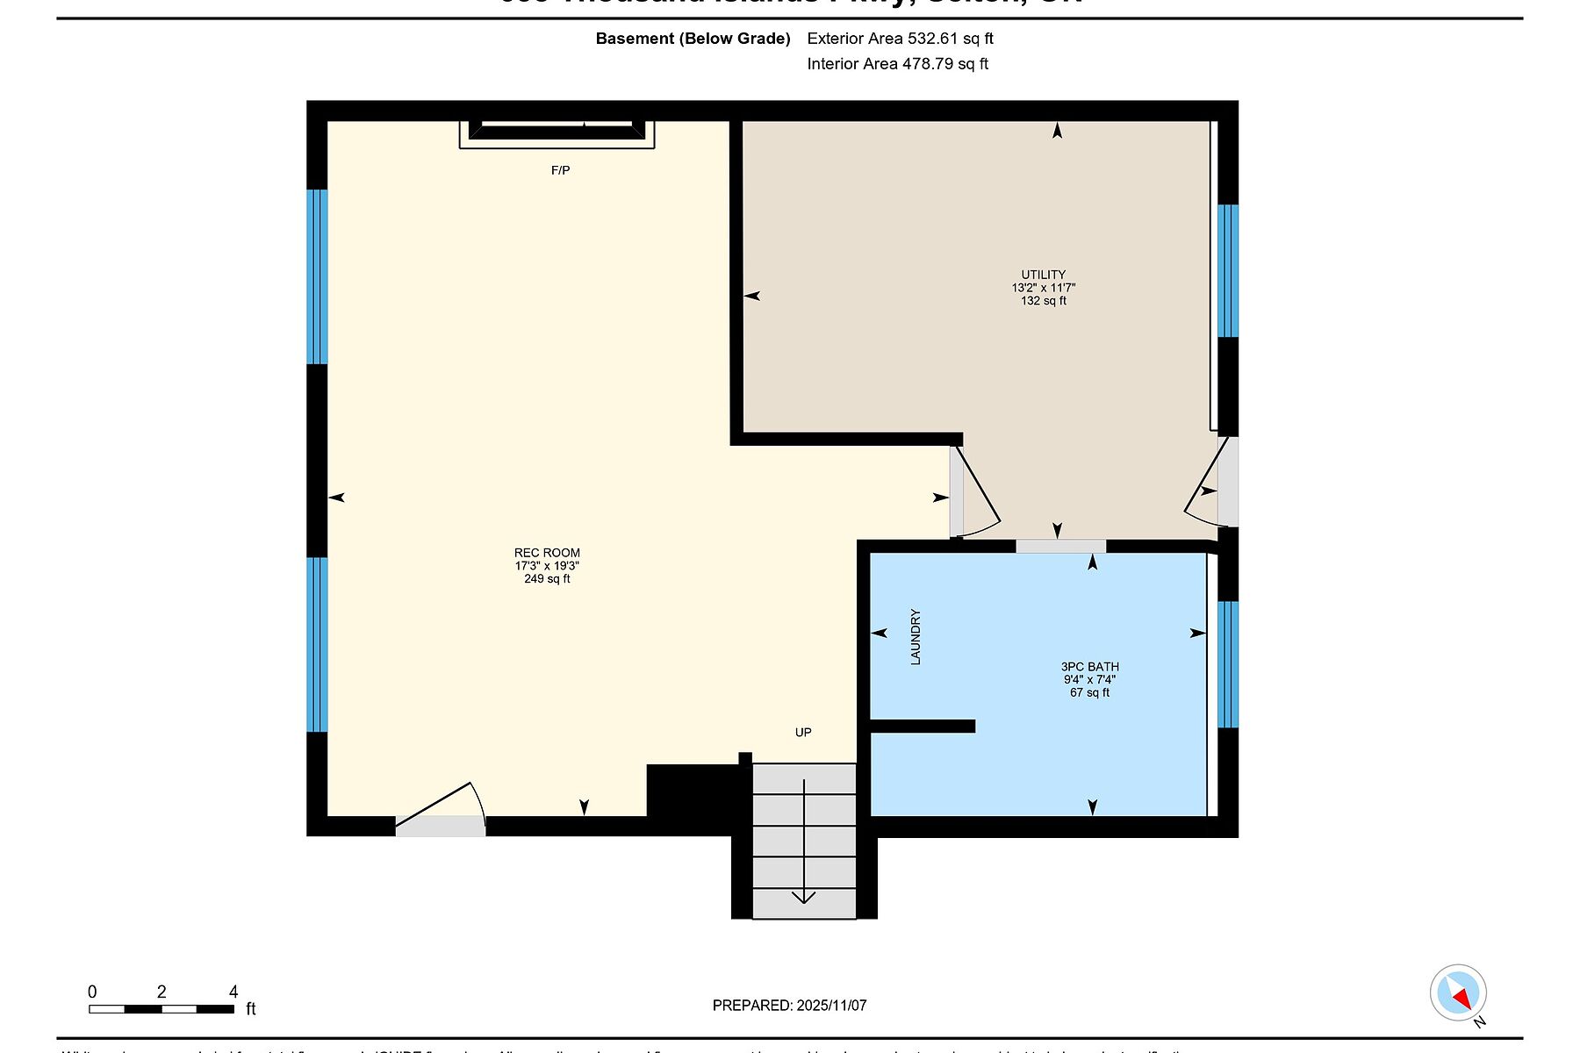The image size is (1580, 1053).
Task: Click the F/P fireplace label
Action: pos(560,170)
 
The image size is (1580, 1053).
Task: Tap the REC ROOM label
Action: pos(547,553)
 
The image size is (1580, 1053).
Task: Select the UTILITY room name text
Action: pos(1043,275)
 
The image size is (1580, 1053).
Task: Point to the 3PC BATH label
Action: pos(1089,667)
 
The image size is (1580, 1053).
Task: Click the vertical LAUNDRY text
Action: pos(916,637)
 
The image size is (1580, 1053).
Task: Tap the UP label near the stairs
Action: pos(803,733)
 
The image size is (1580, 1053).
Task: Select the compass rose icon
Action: pos(1458,993)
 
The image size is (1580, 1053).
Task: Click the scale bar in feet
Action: pos(162,1009)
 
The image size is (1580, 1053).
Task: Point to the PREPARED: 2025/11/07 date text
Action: pos(789,1006)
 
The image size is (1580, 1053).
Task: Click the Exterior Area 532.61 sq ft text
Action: pos(900,39)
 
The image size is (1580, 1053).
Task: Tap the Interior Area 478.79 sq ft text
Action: pos(897,64)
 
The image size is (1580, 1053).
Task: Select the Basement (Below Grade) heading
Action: pos(693,39)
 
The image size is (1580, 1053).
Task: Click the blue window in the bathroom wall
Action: pos(1228,664)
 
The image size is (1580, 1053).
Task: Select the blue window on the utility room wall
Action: pos(1228,270)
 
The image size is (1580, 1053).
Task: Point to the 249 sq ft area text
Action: pos(547,579)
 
